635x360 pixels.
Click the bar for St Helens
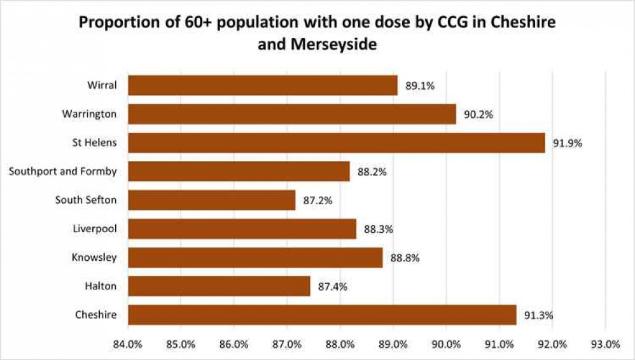click(x=337, y=142)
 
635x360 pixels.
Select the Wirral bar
click(x=263, y=85)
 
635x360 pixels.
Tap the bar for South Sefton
click(x=212, y=200)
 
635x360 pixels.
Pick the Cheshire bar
click(x=322, y=315)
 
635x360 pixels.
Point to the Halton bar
click(x=219, y=286)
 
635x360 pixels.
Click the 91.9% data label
click(x=568, y=143)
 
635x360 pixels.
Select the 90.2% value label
click(x=478, y=114)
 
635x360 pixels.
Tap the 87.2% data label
click(x=317, y=201)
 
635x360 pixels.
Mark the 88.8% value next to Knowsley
click(x=405, y=258)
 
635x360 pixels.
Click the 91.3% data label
click(x=538, y=315)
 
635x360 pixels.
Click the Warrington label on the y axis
click(x=89, y=114)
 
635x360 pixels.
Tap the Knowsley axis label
click(x=95, y=257)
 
